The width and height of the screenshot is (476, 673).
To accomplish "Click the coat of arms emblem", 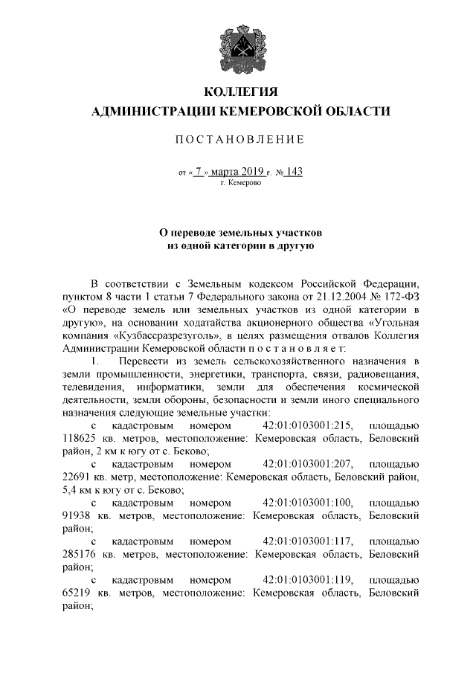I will (x=239, y=51).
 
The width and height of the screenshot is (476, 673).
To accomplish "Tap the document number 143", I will (x=294, y=172).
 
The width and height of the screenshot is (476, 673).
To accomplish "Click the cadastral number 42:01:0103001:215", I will (x=308, y=426).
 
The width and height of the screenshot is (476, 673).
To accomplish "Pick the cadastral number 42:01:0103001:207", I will (x=308, y=463).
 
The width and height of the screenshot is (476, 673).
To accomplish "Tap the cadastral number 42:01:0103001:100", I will (x=308, y=501).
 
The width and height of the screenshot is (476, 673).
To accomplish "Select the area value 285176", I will (x=75, y=553).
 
